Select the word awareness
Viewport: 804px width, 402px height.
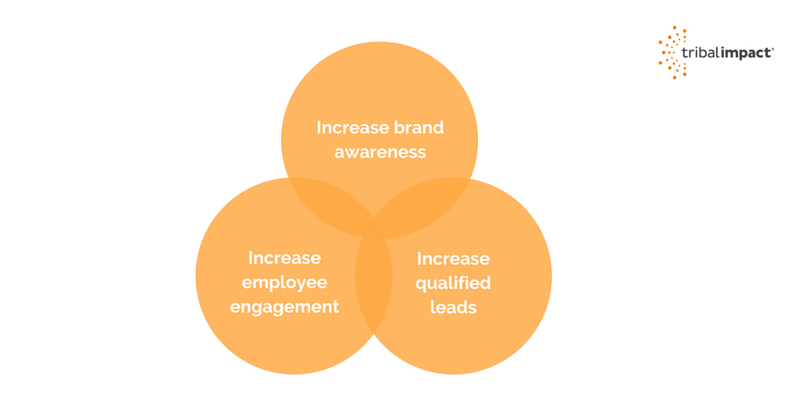[x=380, y=152]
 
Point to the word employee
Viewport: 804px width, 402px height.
[x=284, y=283]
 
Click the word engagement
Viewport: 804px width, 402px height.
[x=284, y=307]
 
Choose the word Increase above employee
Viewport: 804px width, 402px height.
[x=284, y=258]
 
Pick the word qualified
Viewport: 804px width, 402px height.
[x=453, y=283]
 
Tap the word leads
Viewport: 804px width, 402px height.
[x=453, y=307]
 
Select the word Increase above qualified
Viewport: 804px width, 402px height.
[x=453, y=258]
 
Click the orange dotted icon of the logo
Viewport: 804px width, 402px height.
[x=673, y=53]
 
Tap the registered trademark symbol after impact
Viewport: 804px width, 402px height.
[x=773, y=49]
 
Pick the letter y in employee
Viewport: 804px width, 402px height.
[x=304, y=284]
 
